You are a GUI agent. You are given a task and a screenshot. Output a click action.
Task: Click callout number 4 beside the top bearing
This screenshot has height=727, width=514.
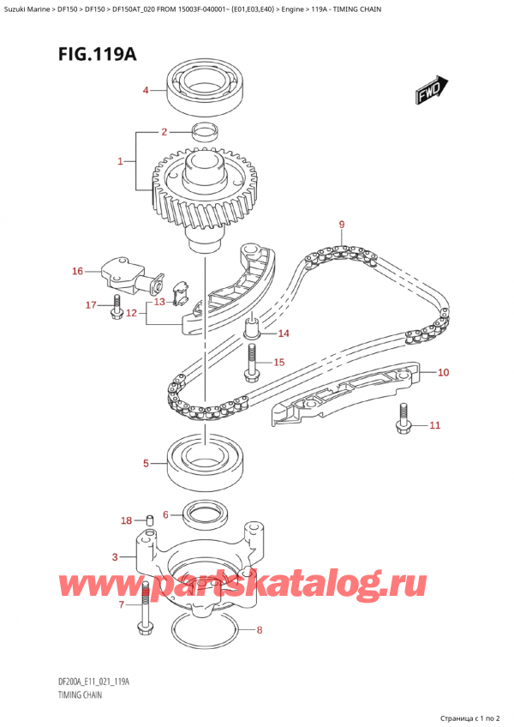[x=146, y=91]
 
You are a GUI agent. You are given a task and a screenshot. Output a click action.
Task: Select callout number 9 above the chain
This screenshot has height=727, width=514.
[x=341, y=225]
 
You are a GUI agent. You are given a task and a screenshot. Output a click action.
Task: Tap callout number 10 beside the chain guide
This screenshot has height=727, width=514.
[x=443, y=373]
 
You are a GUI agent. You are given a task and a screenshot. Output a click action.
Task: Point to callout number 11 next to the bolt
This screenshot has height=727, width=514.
[x=434, y=425]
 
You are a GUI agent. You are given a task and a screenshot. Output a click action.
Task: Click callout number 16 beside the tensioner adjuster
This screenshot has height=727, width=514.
[x=77, y=272]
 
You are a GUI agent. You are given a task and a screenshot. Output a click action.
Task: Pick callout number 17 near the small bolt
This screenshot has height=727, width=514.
[x=91, y=305]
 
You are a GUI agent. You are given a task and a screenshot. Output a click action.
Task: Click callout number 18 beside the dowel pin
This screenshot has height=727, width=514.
[x=126, y=520]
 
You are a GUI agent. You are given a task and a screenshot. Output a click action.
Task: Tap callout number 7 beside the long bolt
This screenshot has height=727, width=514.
[x=121, y=604]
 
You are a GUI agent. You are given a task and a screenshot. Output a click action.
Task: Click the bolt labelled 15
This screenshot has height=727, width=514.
[x=252, y=365]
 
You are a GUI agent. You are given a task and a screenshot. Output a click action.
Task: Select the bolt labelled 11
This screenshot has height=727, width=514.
[x=402, y=420]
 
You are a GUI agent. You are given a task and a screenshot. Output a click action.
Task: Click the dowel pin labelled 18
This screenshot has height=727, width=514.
[x=149, y=519]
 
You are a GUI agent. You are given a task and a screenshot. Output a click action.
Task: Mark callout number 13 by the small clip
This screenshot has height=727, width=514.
[x=159, y=302]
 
